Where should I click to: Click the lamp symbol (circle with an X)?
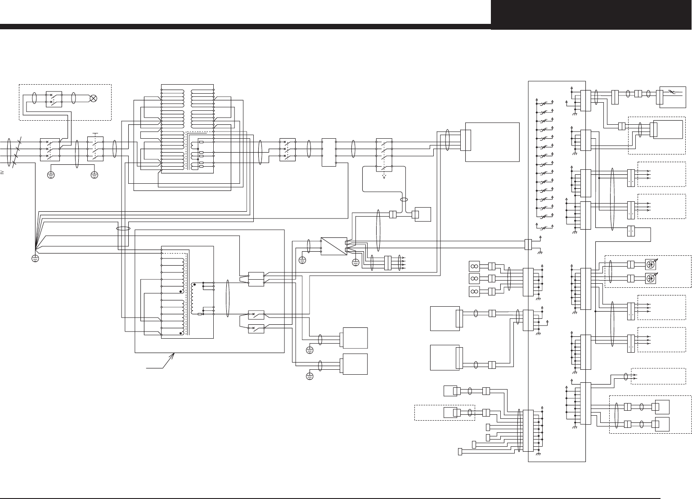(94, 98)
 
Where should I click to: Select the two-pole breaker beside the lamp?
(53, 99)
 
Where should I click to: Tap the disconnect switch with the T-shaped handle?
(94, 148)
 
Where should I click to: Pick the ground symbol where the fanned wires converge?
(35, 259)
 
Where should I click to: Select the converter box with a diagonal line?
(333, 246)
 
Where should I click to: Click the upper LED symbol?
(650, 264)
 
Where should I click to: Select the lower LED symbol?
(650, 278)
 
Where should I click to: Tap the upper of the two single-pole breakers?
(256, 313)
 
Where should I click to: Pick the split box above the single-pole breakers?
(256, 278)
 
